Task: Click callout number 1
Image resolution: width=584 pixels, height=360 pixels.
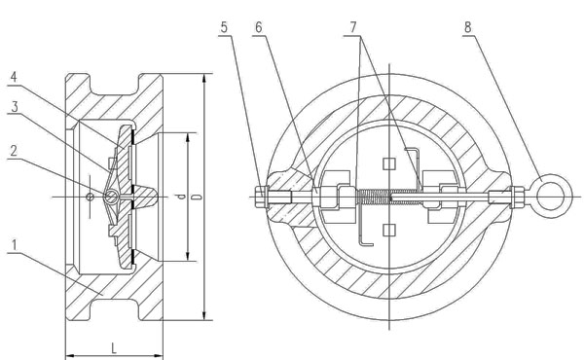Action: (15, 246)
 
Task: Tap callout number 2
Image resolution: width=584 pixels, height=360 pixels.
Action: (14, 151)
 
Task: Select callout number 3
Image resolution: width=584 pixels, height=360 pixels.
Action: (15, 107)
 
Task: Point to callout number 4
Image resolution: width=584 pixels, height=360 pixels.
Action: (14, 78)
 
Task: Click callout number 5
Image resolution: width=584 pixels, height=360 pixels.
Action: (224, 27)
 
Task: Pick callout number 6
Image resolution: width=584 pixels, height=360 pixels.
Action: (259, 27)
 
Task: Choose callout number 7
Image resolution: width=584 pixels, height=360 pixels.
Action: (352, 27)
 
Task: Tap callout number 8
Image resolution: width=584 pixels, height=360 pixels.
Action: (468, 27)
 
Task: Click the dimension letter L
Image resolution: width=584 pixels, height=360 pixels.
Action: (114, 348)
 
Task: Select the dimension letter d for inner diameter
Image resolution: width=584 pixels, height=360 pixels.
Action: (181, 197)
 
